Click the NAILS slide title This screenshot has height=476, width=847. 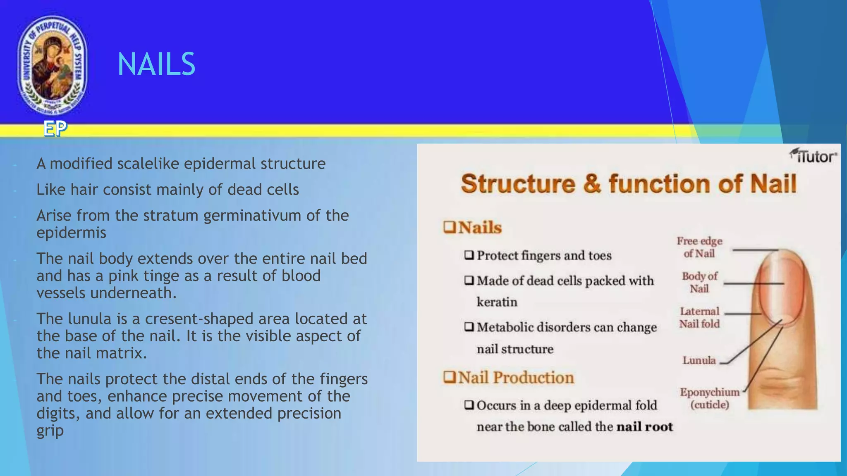pos(156,64)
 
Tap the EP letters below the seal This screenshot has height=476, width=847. pos(55,129)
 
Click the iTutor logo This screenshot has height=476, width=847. pos(813,156)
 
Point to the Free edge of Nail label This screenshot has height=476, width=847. pos(699,247)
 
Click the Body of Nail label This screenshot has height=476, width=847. pos(699,282)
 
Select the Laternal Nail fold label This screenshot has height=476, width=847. pos(699,317)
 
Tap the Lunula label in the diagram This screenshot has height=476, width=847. pos(699,360)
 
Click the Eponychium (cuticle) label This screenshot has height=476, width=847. pos(709,398)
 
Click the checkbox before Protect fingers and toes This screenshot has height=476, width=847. pos(469,255)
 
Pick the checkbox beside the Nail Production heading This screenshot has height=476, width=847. pos(449,377)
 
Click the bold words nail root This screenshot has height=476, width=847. pos(644,426)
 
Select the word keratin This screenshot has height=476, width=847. pos(497,302)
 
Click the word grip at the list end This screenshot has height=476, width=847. pos(50,431)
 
